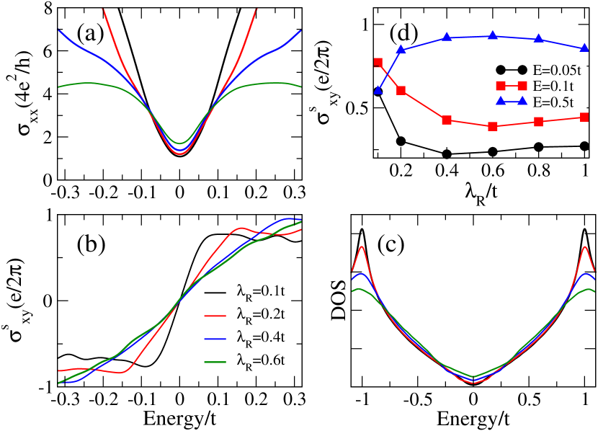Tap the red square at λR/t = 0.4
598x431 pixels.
pyautogui.click(x=447, y=120)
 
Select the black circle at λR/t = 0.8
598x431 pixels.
pyautogui.click(x=539, y=147)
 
